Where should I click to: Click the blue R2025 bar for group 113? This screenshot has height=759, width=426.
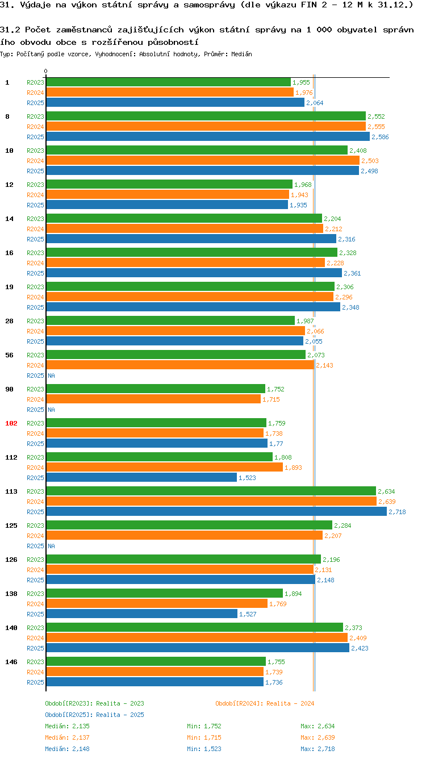click(x=216, y=512)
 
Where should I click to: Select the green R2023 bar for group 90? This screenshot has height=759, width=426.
click(x=155, y=389)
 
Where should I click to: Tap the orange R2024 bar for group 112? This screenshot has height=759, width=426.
click(x=164, y=468)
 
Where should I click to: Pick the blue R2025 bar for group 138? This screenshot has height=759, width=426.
click(x=141, y=614)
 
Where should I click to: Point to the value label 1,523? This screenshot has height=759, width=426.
click(x=247, y=478)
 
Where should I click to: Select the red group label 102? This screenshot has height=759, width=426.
click(x=11, y=423)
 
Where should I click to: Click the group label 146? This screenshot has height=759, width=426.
click(x=11, y=662)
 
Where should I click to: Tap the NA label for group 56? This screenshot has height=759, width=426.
click(x=51, y=376)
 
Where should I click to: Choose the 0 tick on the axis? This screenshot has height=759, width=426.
click(x=45, y=72)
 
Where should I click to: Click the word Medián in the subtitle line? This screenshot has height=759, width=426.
click(x=243, y=54)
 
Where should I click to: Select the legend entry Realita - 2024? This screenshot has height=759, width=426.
click(x=265, y=703)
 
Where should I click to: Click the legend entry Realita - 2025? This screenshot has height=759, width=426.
click(x=94, y=715)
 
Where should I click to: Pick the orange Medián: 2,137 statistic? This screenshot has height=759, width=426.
click(x=67, y=737)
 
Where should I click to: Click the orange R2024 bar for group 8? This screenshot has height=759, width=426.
click(x=206, y=127)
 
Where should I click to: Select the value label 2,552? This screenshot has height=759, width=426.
click(x=376, y=116)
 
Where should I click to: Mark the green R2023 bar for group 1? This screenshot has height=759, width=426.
click(x=168, y=82)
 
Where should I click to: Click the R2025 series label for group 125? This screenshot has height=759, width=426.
click(x=35, y=546)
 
